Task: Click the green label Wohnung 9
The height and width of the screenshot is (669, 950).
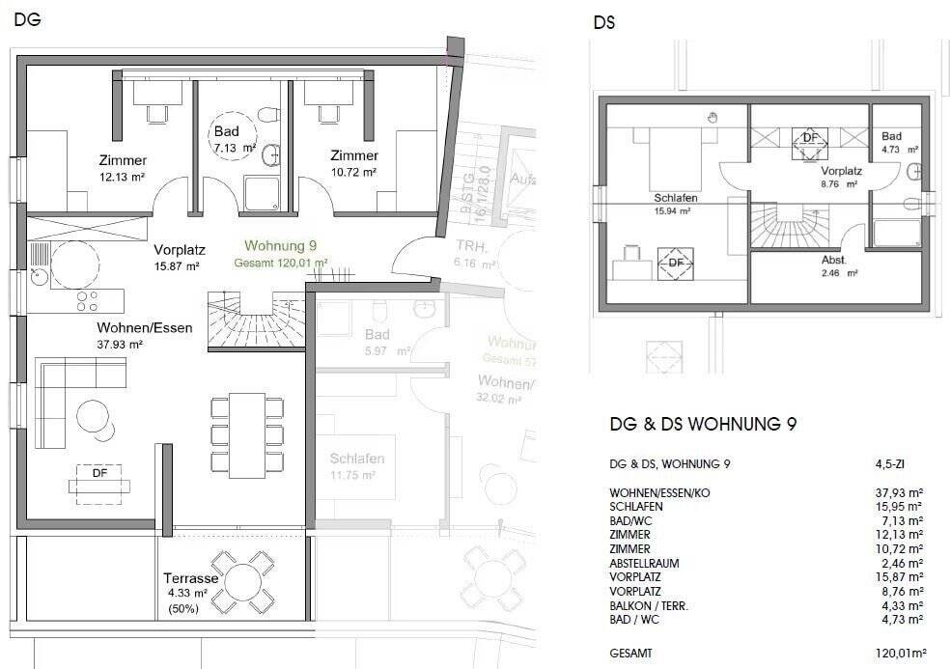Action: [x=281, y=245]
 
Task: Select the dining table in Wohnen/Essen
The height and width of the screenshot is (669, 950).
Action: [x=247, y=434]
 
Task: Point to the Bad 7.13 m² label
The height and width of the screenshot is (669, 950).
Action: [x=234, y=140]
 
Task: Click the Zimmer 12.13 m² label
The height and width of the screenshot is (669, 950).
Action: [x=123, y=167]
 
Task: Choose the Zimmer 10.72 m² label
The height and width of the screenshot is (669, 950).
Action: [x=353, y=163]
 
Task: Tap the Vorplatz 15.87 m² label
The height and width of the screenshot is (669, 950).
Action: [x=177, y=256]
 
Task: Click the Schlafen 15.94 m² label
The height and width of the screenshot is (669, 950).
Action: [x=675, y=204]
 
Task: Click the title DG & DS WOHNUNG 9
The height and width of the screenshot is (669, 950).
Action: [x=702, y=424]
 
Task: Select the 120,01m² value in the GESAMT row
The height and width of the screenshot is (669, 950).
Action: [x=899, y=654]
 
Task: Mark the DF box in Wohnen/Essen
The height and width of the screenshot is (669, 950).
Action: [x=99, y=474]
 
